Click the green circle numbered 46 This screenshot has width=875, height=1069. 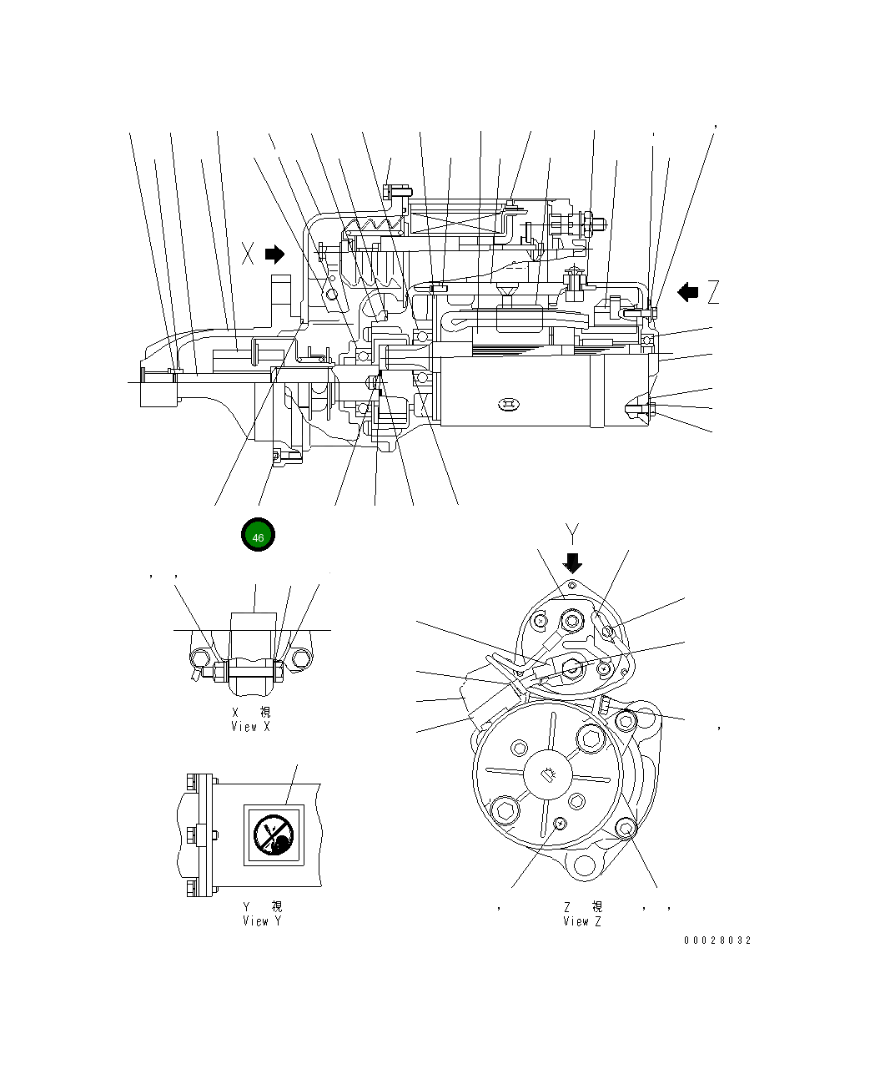(x=258, y=536)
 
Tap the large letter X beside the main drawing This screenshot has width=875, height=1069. (x=248, y=254)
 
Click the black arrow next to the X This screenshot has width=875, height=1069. (x=275, y=254)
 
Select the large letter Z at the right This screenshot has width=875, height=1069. (x=712, y=292)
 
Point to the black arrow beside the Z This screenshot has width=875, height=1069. (x=687, y=292)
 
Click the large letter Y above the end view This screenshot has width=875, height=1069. (x=571, y=534)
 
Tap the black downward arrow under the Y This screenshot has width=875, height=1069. (x=572, y=562)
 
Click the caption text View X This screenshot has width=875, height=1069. (x=250, y=727)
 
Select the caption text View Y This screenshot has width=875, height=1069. (x=262, y=921)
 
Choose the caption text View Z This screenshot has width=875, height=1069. (x=581, y=921)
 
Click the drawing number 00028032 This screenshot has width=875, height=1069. (x=717, y=940)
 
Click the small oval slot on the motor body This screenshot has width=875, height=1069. (x=508, y=405)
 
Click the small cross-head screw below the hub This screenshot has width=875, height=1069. (x=560, y=824)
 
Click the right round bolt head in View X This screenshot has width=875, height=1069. (x=301, y=658)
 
